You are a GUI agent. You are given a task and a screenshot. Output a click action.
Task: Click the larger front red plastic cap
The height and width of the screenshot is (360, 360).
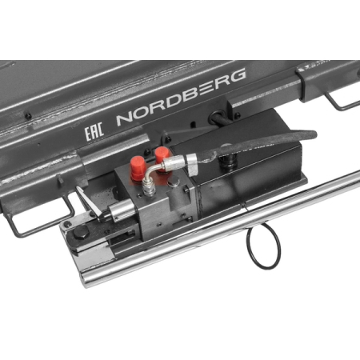tap(137, 170)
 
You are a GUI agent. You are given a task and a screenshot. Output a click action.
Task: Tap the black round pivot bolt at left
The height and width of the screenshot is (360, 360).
tap(80, 233)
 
